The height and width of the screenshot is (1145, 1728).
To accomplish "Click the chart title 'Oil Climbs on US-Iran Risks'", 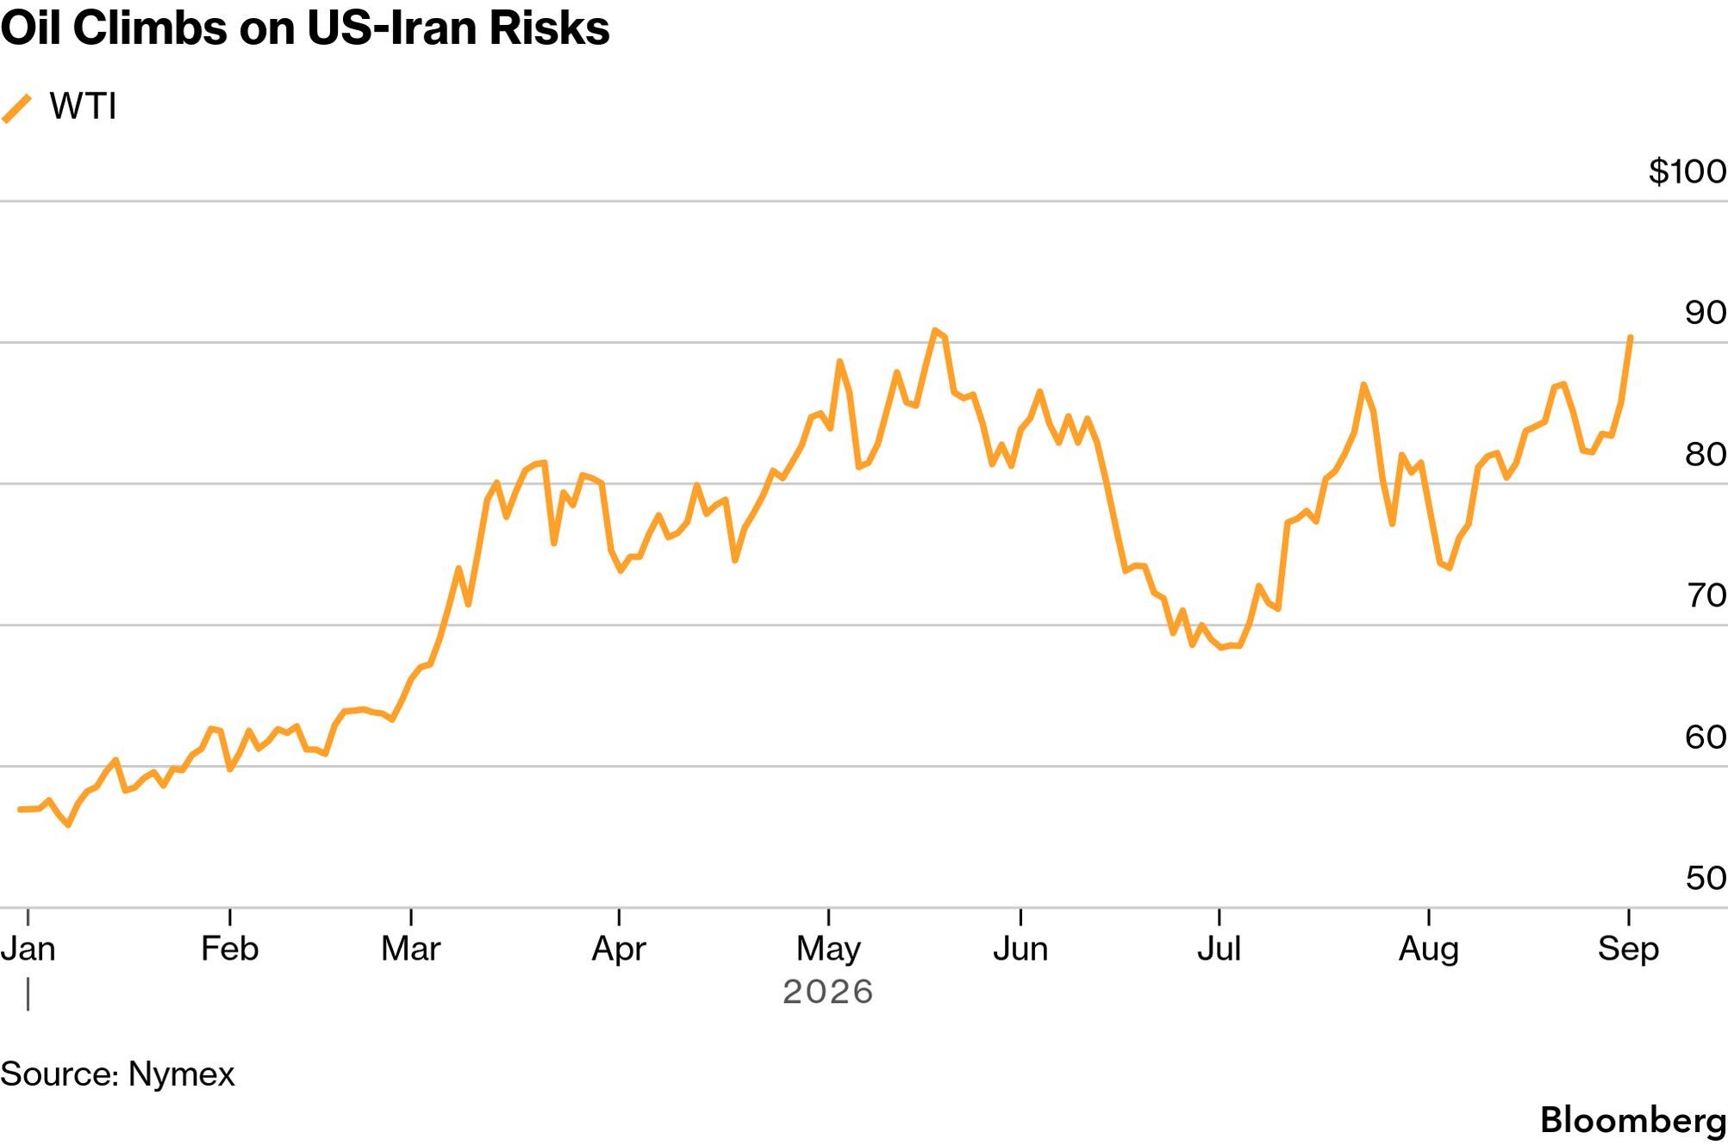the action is point(305,28).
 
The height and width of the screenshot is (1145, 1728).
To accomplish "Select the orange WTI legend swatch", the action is point(16,109).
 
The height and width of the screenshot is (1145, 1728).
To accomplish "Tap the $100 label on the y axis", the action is point(1687,171).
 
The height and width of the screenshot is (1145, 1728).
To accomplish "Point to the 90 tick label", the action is point(1706,313).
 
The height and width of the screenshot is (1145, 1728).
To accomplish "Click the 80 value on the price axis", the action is point(1706,454).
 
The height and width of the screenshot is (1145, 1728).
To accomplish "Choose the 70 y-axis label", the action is point(1706,595).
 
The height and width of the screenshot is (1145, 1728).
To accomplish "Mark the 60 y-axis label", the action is point(1706,737).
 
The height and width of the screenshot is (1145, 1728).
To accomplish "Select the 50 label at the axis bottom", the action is point(1706,878).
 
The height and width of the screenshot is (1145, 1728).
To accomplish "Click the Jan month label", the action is point(28,949).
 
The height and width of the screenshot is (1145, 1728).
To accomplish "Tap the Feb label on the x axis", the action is point(229,949).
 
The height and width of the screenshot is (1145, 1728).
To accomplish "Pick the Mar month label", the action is point(411,949).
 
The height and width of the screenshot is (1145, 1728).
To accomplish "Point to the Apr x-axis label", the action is point(619,949).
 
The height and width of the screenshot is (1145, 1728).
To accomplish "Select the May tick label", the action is point(828,949).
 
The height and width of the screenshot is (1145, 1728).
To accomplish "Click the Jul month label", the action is point(1219,949).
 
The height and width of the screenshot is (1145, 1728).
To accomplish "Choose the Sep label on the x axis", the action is point(1628,949).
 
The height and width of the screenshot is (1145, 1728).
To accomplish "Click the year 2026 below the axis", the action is point(828,992).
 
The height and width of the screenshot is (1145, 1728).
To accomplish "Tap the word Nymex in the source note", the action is point(181,1075).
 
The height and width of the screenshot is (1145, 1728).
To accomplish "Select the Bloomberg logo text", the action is point(1633,1121).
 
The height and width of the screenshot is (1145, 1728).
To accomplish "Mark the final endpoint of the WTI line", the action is point(1631,338).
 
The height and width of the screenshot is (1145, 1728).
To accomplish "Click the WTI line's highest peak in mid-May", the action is point(934,330).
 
